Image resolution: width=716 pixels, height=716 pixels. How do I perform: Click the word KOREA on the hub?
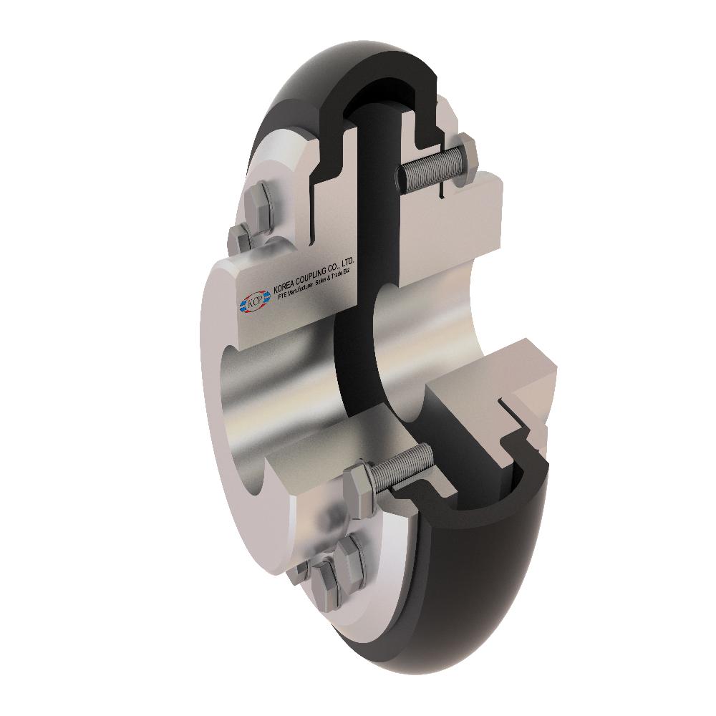tap(285, 286)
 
